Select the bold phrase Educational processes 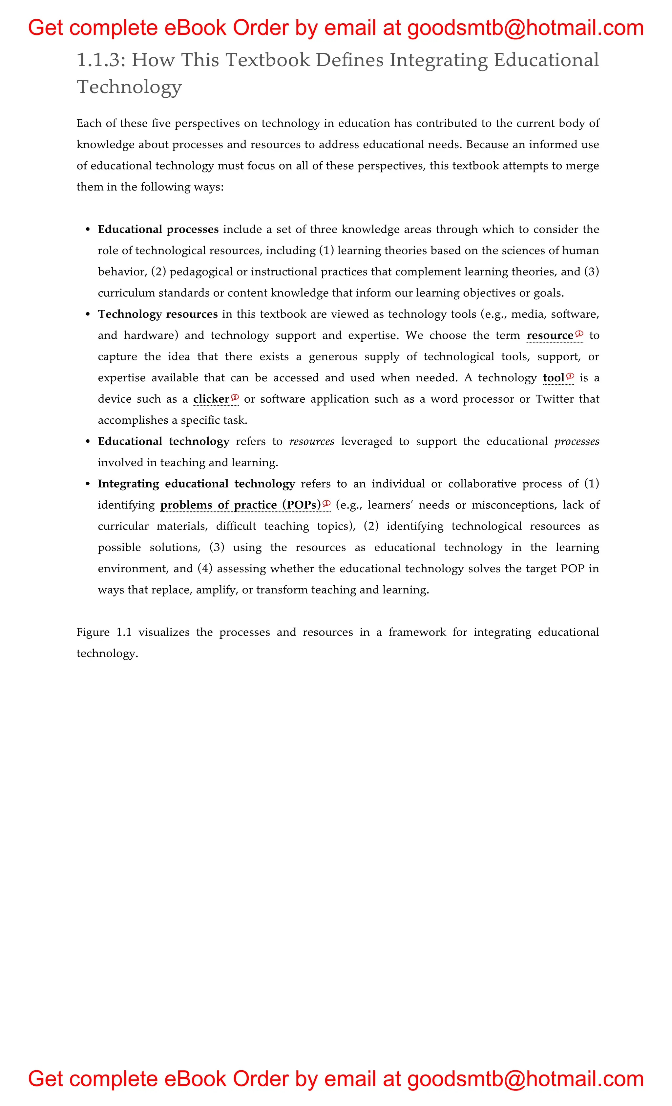158,230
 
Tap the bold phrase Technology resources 158,314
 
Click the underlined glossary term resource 550,336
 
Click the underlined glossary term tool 554,378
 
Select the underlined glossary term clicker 211,399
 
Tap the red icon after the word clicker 235,397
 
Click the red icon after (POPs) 326,503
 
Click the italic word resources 312,442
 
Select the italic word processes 577,442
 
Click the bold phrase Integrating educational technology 196,484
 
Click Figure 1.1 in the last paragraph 104,633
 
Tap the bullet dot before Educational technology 88,442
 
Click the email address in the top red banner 526,28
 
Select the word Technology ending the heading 129,87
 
